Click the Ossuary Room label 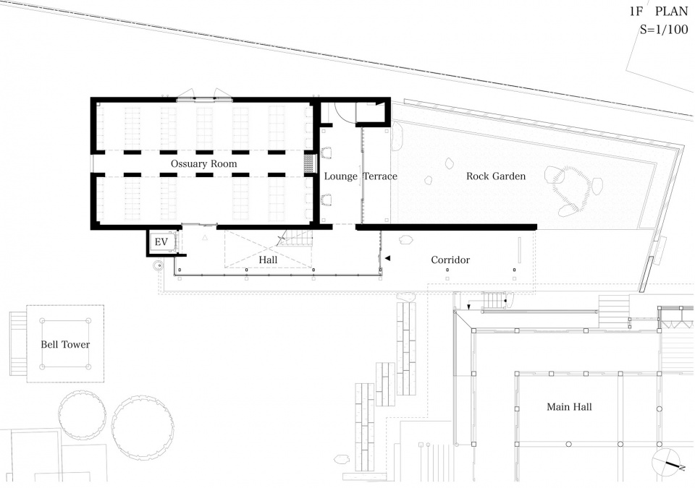pyautogui.click(x=204, y=164)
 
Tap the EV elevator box pyautogui.click(x=161, y=241)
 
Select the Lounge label pyautogui.click(x=340, y=176)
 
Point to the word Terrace pyautogui.click(x=380, y=176)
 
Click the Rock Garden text pyautogui.click(x=496, y=176)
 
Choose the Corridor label pyautogui.click(x=450, y=260)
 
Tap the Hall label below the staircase pyautogui.click(x=268, y=260)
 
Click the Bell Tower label pyautogui.click(x=65, y=345)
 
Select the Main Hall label pyautogui.click(x=569, y=406)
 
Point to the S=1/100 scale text pyautogui.click(x=664, y=30)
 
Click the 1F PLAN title pyautogui.click(x=659, y=11)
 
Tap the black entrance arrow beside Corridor pyautogui.click(x=387, y=258)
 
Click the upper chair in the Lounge pyautogui.click(x=327, y=153)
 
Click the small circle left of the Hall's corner pyautogui.click(x=159, y=266)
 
